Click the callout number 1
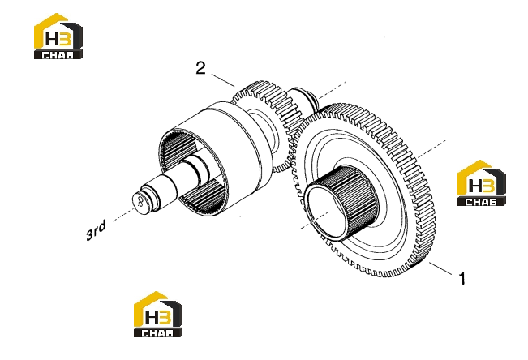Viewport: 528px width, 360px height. click(x=462, y=278)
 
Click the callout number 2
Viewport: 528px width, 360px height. click(x=200, y=68)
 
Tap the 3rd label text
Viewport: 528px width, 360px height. click(x=96, y=230)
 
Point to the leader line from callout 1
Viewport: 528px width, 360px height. click(x=440, y=268)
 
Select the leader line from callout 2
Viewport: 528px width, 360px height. click(x=223, y=80)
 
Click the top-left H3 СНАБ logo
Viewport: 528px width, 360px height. click(x=58, y=36)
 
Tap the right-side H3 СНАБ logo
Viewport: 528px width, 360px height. click(x=482, y=183)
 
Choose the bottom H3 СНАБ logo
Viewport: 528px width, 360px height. click(x=158, y=315)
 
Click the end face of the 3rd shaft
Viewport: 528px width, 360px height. click(x=140, y=202)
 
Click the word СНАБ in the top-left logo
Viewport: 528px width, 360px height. click(x=58, y=55)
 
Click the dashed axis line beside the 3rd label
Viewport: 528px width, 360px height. click(x=124, y=214)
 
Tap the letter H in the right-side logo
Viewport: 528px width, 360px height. click(x=475, y=186)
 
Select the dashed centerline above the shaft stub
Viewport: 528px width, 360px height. click(x=333, y=90)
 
